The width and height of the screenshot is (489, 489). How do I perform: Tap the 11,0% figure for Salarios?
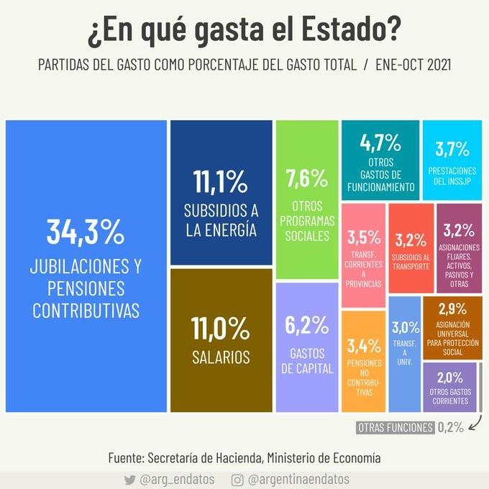coord(220,329)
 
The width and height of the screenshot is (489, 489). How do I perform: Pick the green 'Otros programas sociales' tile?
coord(306,199)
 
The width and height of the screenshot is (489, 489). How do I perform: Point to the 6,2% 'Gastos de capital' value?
coord(306,325)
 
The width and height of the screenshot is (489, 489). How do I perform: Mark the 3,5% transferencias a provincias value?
coord(363,237)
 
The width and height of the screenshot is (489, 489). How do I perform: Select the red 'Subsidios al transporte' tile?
coord(411,248)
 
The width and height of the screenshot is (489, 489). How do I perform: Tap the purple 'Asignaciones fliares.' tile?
coord(458,248)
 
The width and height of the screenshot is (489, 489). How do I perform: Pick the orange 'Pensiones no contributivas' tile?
coord(363,364)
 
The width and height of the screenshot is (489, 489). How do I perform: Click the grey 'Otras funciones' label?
coord(396,427)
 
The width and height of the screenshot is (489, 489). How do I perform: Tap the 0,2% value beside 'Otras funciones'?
coord(451,427)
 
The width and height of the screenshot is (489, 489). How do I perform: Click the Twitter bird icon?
coord(129,479)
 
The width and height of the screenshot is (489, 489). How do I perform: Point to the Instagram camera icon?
coord(237,479)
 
